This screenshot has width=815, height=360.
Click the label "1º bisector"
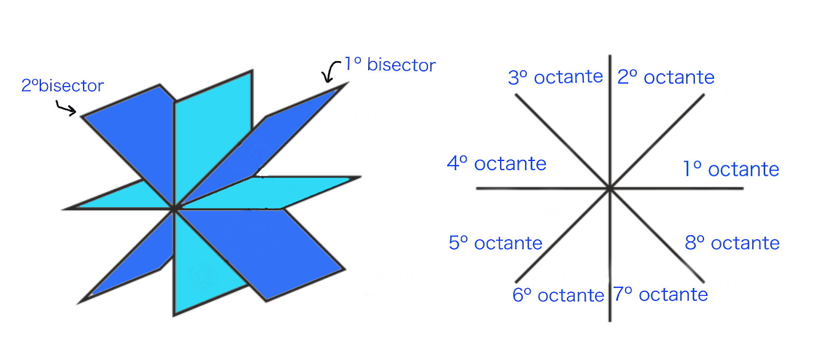[x=390, y=65]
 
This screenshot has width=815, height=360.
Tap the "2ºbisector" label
[x=62, y=86]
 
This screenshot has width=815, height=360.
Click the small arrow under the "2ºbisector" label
[x=66, y=108]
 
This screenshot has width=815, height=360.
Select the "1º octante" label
[x=730, y=169]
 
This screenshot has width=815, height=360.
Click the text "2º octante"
[x=666, y=77]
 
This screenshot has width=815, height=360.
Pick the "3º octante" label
[x=555, y=77]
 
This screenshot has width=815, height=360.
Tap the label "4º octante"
[x=497, y=163]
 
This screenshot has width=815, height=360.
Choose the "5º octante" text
[x=495, y=243]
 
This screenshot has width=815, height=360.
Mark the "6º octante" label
[x=558, y=295]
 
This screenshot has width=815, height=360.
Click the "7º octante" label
[x=660, y=294]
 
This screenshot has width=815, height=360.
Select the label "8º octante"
[x=732, y=243]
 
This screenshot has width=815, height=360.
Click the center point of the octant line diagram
[x=610, y=189]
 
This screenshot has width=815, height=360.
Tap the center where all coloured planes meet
[x=174, y=208]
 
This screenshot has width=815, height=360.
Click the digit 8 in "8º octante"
[x=690, y=243]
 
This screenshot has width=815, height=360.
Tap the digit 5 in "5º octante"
[x=454, y=243]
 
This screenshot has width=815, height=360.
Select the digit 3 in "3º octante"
[x=513, y=77]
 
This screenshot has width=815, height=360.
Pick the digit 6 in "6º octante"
[x=518, y=295]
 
